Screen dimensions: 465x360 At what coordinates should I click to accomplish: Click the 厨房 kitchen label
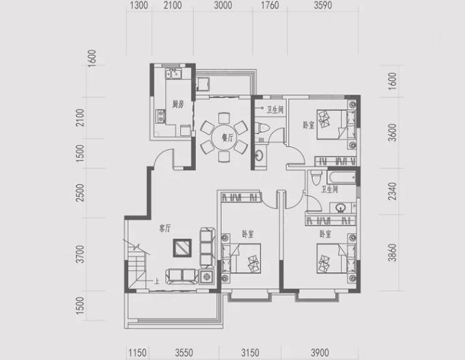pyautogui.click(x=178, y=104)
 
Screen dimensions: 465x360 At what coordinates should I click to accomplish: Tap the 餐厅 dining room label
pyautogui.click(x=228, y=137)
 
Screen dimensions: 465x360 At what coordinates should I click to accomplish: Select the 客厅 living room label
pyautogui.click(x=165, y=228)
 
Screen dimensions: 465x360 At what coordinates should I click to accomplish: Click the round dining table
pyautogui.click(x=224, y=137)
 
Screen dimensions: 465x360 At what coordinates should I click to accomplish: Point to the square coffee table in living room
pyautogui.click(x=182, y=248)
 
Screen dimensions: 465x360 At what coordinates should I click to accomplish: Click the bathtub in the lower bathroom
pyautogui.click(x=342, y=177)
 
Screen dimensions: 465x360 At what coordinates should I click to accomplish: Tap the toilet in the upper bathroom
pyautogui.click(x=262, y=128)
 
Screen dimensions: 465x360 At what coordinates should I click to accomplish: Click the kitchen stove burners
pyautogui.click(x=160, y=116)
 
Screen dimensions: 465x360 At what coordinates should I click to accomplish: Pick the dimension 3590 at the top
pyautogui.click(x=323, y=5)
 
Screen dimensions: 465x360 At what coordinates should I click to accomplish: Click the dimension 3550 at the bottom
pyautogui.click(x=184, y=353)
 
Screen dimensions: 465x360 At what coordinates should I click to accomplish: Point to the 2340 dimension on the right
pyautogui.click(x=392, y=191)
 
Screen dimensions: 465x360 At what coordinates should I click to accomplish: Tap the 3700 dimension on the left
pyautogui.click(x=80, y=254)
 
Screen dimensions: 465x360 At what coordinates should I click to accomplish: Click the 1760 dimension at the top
pyautogui.click(x=270, y=5)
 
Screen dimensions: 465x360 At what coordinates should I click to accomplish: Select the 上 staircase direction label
pyautogui.click(x=156, y=280)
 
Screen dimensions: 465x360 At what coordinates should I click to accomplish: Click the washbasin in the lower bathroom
pyautogui.click(x=341, y=208)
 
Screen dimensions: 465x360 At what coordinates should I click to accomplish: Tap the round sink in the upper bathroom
pyautogui.click(x=259, y=155)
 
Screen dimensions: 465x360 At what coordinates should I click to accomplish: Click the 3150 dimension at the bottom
pyautogui.click(x=250, y=353)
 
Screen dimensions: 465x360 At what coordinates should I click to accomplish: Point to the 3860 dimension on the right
pyautogui.click(x=392, y=252)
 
